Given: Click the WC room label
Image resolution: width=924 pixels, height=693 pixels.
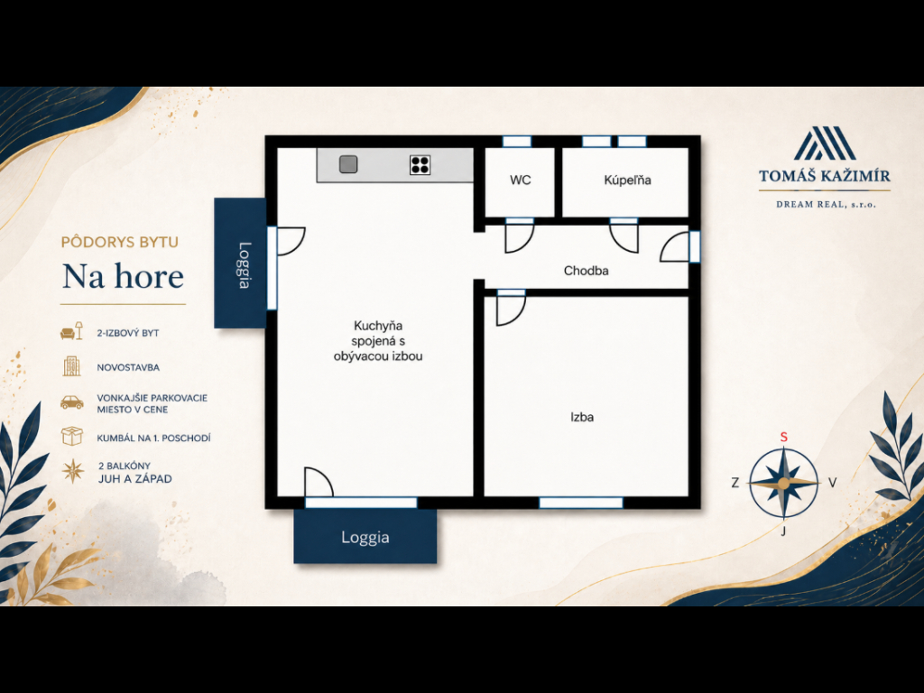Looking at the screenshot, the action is (521, 180).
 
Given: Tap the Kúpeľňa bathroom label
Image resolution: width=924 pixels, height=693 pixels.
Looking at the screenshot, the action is (627, 180).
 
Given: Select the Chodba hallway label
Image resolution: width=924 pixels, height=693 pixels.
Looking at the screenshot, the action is (586, 271).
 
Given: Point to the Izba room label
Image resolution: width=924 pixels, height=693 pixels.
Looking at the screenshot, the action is (582, 417).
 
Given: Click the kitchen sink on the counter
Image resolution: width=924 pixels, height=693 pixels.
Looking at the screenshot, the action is (348, 164).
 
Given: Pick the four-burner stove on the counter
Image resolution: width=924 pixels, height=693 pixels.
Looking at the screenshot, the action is (420, 165).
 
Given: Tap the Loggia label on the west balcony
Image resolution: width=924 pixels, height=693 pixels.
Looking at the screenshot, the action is (244, 266).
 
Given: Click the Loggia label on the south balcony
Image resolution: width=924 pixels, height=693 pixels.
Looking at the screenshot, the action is (365, 538).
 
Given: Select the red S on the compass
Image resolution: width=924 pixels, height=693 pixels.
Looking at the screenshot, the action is (784, 438).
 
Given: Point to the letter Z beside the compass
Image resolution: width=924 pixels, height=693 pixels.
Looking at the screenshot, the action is (735, 483).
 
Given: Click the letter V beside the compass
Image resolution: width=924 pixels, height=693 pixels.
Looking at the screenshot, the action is (833, 483).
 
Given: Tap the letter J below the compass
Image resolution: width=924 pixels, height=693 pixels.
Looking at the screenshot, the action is (783, 531).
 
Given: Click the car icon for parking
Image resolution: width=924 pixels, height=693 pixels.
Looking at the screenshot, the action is (72, 402).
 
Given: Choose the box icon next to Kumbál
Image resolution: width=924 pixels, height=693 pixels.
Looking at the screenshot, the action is (72, 437).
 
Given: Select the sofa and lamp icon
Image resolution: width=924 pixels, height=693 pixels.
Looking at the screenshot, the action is (71, 332).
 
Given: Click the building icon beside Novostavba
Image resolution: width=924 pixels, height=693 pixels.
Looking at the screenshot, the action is (72, 366).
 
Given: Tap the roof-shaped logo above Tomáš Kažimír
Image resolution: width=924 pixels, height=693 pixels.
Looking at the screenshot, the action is (825, 143).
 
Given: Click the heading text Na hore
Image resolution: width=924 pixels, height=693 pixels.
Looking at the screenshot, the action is (123, 276).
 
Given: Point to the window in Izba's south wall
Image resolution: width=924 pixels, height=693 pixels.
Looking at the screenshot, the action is (581, 503).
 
